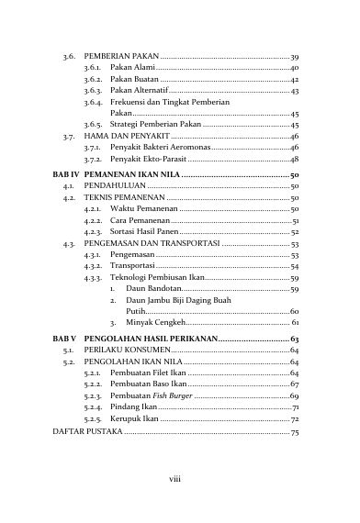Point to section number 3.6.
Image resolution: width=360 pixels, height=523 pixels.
click(62, 57)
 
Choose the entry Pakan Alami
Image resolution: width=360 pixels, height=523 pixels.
click(131, 69)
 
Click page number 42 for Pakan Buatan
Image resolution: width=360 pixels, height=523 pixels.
click(294, 80)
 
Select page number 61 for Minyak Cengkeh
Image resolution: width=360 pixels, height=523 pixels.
click(294, 323)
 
